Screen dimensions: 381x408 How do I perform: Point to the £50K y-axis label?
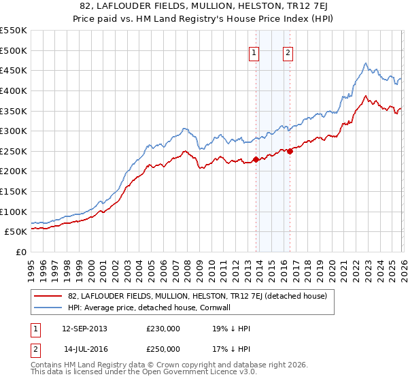[x=16, y=231]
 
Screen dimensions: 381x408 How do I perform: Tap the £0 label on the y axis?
[x=21, y=252]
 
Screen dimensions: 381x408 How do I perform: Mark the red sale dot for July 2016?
[x=290, y=151]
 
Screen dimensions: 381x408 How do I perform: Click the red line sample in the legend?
[x=48, y=296]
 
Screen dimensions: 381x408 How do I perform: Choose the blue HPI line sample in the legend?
[x=48, y=308]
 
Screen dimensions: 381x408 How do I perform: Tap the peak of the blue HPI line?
[x=365, y=63]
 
